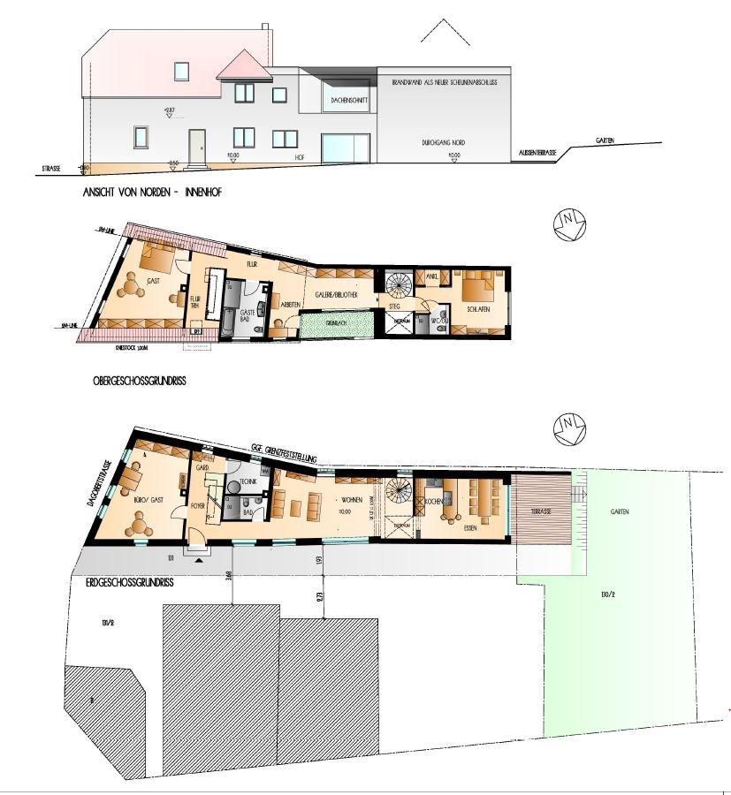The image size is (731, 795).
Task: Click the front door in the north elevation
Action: pyautogui.click(x=196, y=144)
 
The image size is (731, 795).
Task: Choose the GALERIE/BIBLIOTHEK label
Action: pyautogui.click(x=336, y=295)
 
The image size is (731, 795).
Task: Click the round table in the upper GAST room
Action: pyautogui.click(x=133, y=285)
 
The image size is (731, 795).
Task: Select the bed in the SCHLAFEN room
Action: pyautogui.click(x=476, y=287)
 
